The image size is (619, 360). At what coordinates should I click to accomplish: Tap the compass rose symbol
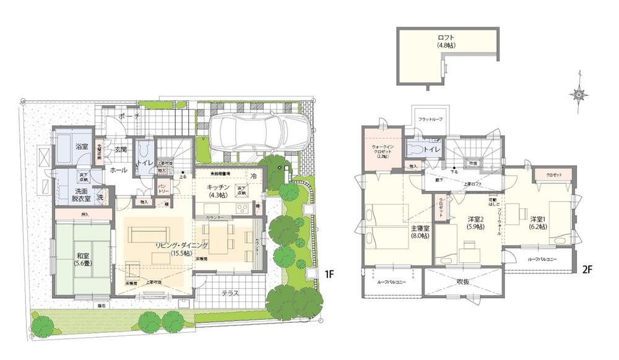580,95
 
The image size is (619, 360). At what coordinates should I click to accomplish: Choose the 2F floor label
587,270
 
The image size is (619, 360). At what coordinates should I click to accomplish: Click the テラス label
229,293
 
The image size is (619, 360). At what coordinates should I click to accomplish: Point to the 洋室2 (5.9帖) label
475,223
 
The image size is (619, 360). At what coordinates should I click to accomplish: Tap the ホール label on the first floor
118,170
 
